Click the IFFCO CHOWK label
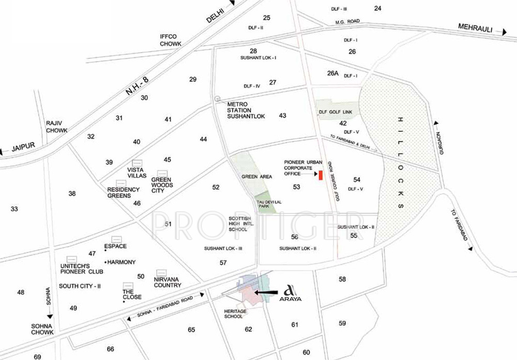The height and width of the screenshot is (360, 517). [170, 40]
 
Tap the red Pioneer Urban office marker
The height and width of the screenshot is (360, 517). [321, 175]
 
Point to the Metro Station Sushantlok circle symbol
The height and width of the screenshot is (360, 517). [218, 98]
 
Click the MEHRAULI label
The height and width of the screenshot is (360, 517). [476, 27]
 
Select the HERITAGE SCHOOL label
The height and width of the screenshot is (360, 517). [234, 314]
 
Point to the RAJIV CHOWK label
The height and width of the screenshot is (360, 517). [56, 127]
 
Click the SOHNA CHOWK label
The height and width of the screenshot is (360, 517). [42, 329]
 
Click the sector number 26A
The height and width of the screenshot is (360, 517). [332, 73]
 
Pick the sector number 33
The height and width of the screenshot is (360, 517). [14, 209]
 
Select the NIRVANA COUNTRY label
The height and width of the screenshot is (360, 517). [167, 282]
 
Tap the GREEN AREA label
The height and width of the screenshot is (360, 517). [256, 177]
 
